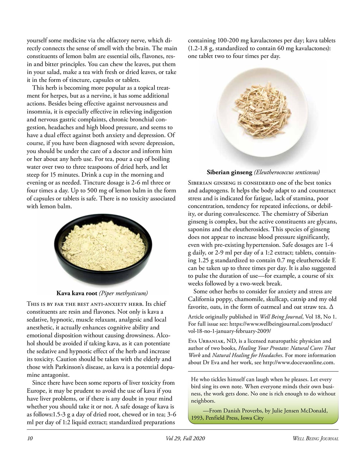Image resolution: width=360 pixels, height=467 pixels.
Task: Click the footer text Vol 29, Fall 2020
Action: (x=185, y=439)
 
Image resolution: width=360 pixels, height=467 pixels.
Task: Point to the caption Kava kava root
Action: (x=77, y=293)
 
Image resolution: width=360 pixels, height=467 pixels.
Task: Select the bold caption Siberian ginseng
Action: (x=229, y=172)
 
